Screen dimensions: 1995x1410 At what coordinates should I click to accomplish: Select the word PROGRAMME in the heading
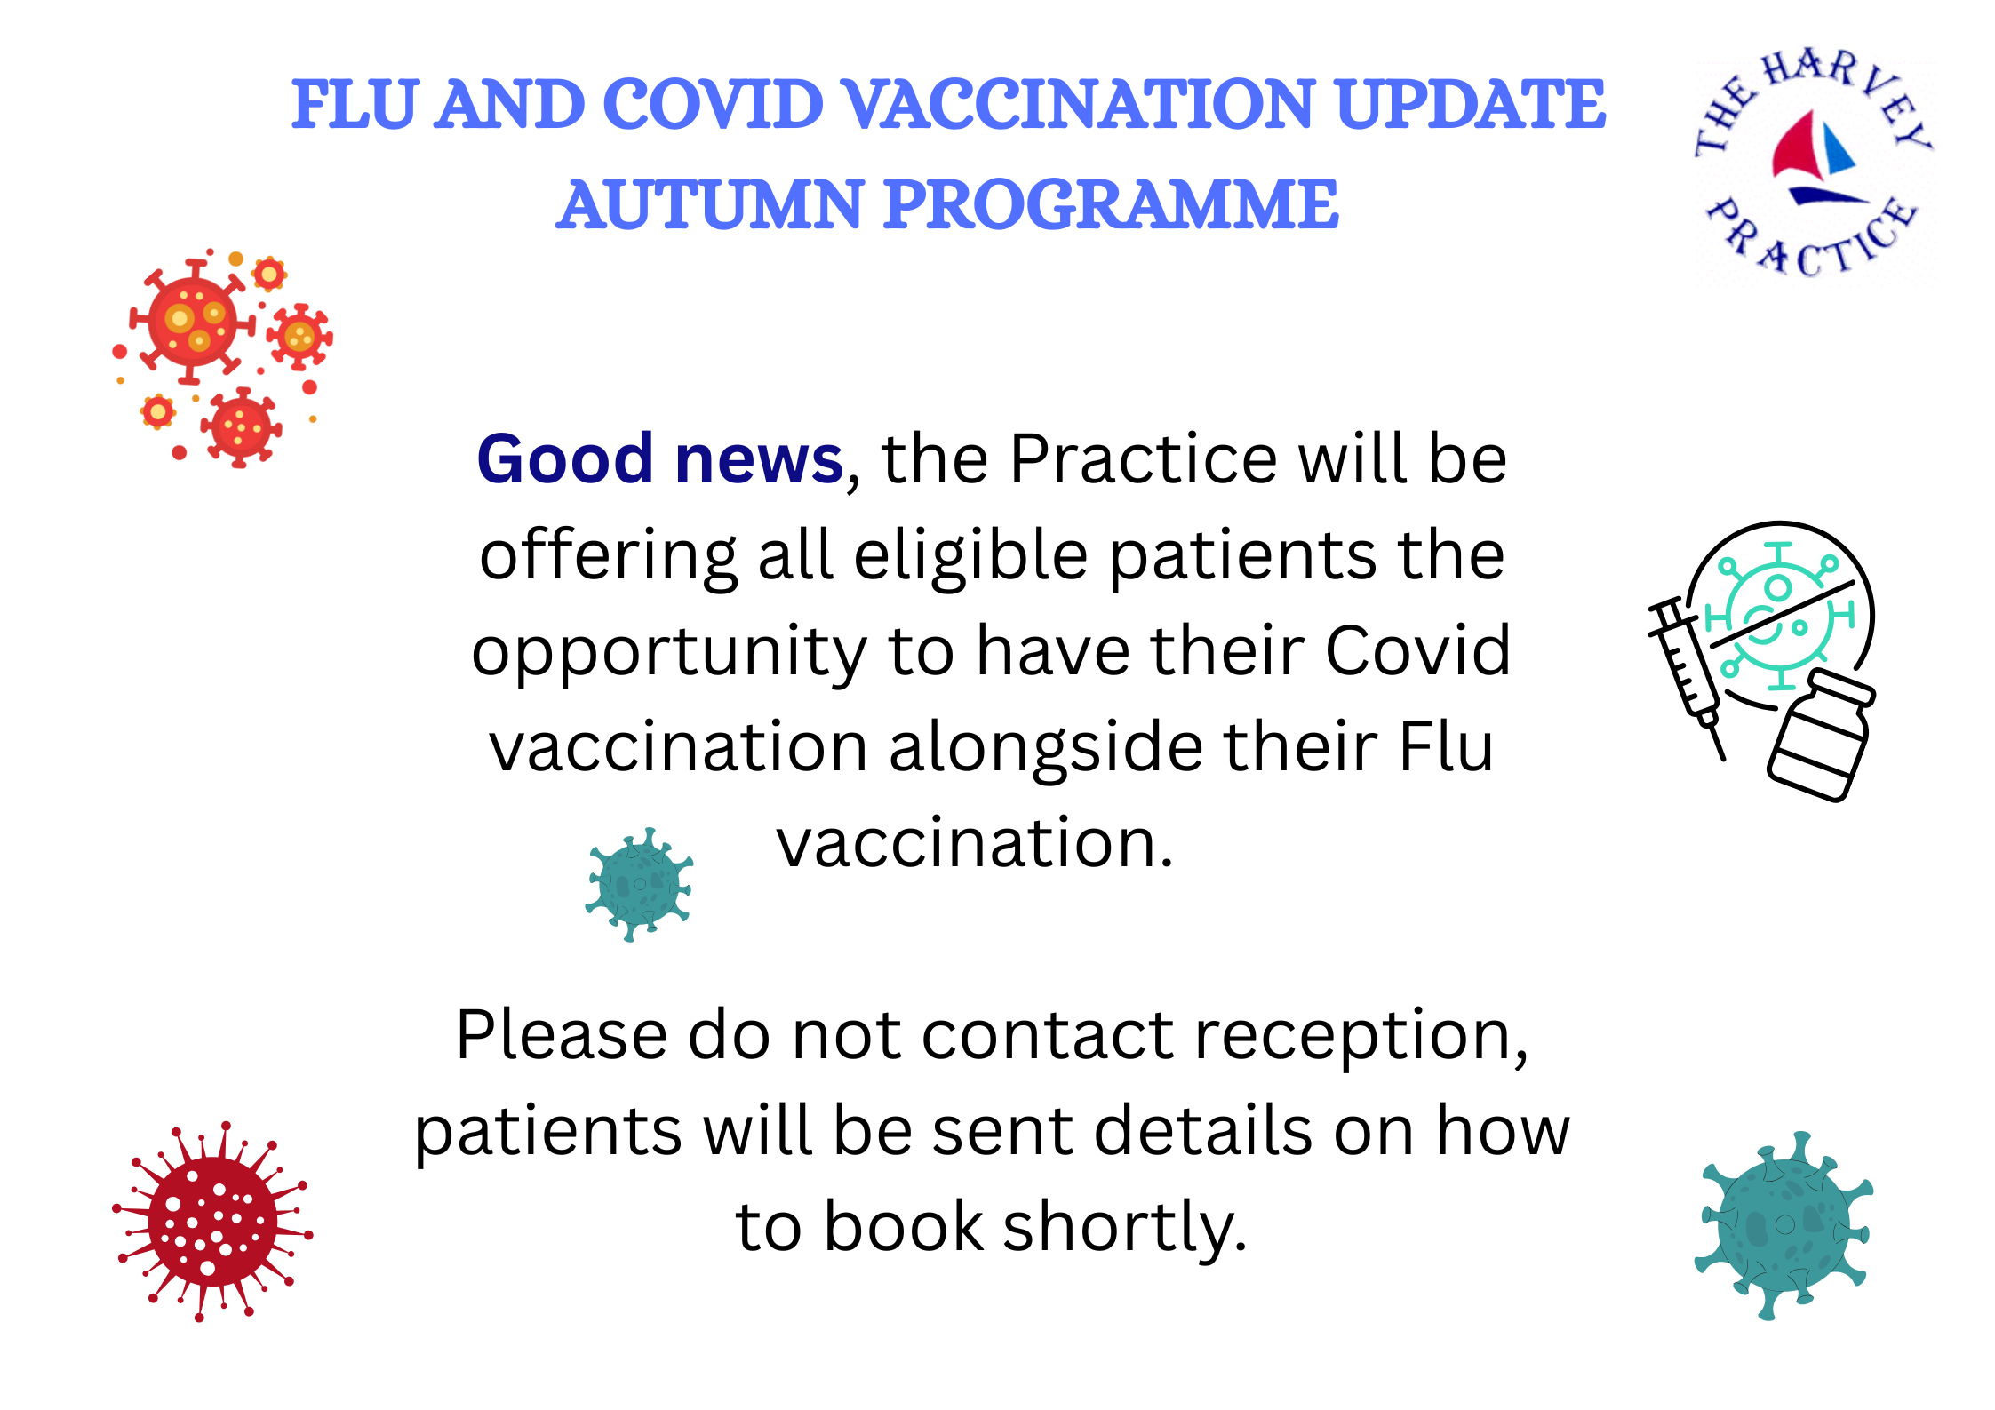coord(1111,204)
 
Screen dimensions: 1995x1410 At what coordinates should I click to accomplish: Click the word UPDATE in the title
coord(1470,104)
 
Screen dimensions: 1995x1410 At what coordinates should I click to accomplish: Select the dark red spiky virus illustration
coord(212,1222)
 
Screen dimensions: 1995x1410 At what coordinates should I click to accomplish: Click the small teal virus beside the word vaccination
coord(640,884)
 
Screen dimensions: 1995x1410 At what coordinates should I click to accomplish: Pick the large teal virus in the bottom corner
coord(1784,1226)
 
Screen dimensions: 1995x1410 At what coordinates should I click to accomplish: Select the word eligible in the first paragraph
coord(971,556)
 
